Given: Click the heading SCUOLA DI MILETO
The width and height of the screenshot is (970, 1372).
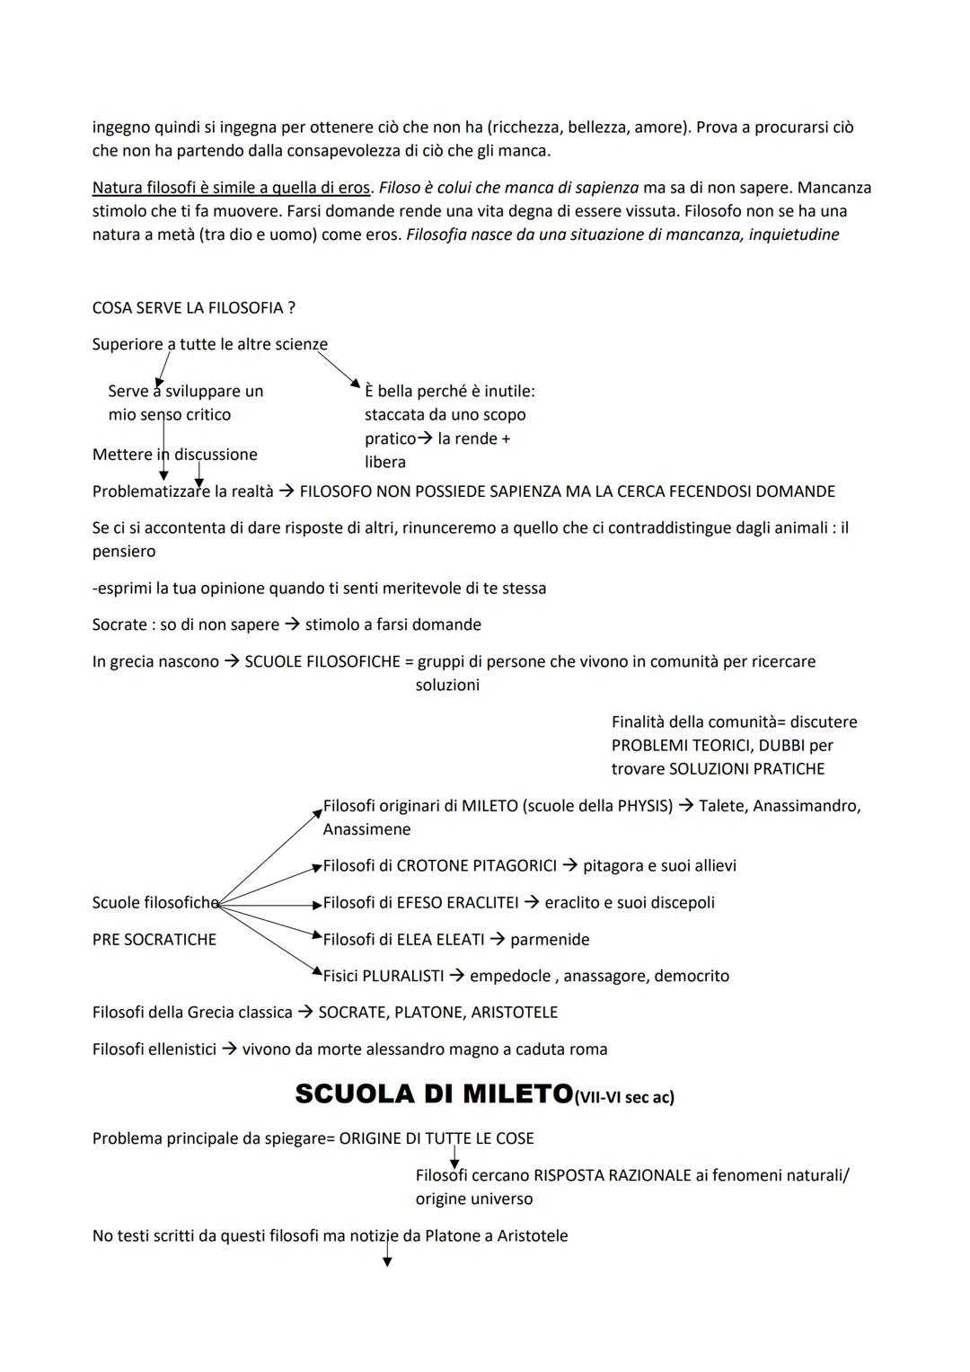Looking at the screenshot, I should tap(433, 1093).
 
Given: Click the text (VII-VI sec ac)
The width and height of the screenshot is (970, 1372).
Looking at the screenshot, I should tap(623, 1097).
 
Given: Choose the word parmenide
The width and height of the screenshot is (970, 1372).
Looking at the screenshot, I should tap(550, 939).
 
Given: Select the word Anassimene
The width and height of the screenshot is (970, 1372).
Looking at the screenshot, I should tap(366, 829).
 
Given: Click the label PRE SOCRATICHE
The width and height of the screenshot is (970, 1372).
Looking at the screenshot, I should tap(154, 939).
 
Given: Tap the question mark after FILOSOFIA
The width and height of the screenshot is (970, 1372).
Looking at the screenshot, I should tap(291, 308).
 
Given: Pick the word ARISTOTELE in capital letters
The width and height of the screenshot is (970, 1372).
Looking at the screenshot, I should tap(515, 1013).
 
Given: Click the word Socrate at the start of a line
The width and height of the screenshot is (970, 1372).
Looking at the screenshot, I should tap(119, 624).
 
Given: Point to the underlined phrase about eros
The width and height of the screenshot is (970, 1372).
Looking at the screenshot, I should tap(231, 188).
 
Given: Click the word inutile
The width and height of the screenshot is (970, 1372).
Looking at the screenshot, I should tap(508, 392).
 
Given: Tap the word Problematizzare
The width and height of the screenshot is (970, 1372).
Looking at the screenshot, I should tap(151, 491).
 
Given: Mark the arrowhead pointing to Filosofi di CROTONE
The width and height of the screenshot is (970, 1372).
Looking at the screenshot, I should tap(316, 867).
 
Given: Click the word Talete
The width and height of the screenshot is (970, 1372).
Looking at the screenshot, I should tap(721, 806).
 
